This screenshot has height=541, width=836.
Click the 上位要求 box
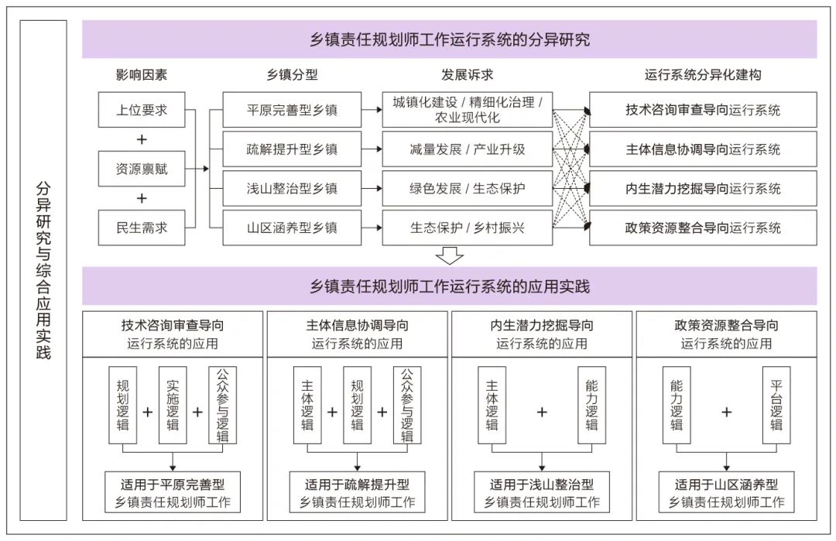(x=142, y=110)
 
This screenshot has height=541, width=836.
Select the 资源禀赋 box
(x=142, y=169)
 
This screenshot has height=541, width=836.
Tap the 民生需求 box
(x=142, y=228)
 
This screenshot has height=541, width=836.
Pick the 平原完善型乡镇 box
(x=292, y=110)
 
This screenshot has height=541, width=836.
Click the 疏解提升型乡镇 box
(x=292, y=149)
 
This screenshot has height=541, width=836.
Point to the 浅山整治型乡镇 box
(x=292, y=189)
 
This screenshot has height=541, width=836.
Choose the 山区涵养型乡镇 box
(x=292, y=228)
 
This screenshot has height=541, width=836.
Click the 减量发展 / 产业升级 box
(x=467, y=149)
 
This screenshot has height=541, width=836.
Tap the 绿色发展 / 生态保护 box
(x=467, y=189)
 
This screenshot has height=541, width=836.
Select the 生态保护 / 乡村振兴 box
(x=467, y=228)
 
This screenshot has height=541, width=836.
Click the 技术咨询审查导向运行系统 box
(x=703, y=110)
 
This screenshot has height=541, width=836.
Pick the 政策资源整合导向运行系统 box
(x=703, y=228)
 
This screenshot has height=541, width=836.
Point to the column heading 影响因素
(x=142, y=75)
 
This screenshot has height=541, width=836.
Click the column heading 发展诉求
(x=467, y=75)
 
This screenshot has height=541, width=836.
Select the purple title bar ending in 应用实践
(x=449, y=286)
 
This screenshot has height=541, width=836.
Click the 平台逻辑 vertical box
(x=776, y=405)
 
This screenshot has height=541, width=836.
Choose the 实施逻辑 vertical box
(x=173, y=405)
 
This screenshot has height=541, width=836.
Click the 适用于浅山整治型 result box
(x=541, y=493)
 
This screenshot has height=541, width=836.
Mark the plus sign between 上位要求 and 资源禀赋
(x=142, y=139)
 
